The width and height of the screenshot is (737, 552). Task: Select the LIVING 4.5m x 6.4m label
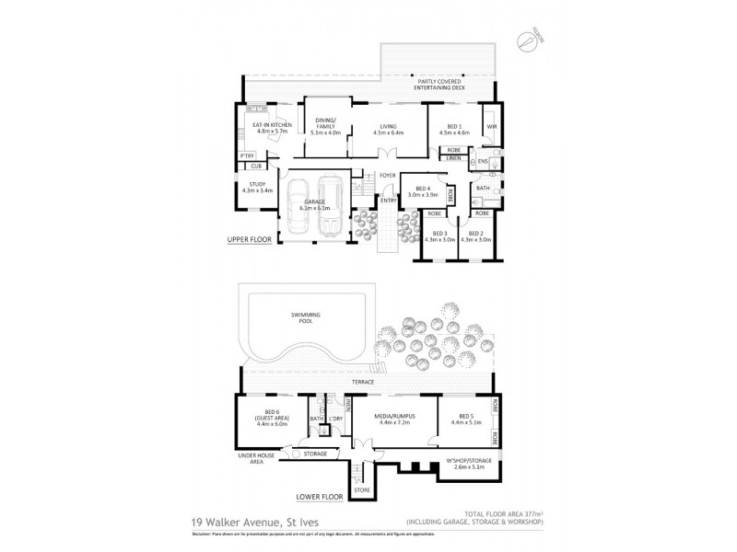(389, 128)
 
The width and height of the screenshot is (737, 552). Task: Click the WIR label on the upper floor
(491, 125)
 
